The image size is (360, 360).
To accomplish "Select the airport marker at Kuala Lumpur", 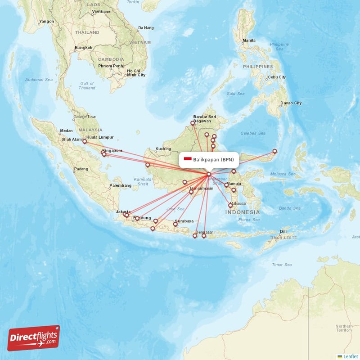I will point(84,141).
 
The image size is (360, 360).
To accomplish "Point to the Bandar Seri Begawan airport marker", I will point(193,122).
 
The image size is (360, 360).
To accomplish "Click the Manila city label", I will point(249,40).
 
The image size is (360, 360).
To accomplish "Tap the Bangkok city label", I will point(83,47).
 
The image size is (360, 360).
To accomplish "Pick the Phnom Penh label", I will point(110,66).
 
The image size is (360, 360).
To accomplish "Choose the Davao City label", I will point(291,103).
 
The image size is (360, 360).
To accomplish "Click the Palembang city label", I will point(120,185).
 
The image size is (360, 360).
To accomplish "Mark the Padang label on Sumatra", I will point(81,169).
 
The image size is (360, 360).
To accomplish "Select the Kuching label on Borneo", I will point(163,149).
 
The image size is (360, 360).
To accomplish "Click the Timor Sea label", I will point(282,265).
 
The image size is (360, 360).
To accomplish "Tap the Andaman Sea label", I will point(39,80).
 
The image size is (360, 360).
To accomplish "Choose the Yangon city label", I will point(46,21).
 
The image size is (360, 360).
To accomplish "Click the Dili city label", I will point(283,232).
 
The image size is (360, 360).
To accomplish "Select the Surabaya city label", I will point(184,221).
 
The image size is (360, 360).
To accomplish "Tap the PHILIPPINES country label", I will point(258,67).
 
